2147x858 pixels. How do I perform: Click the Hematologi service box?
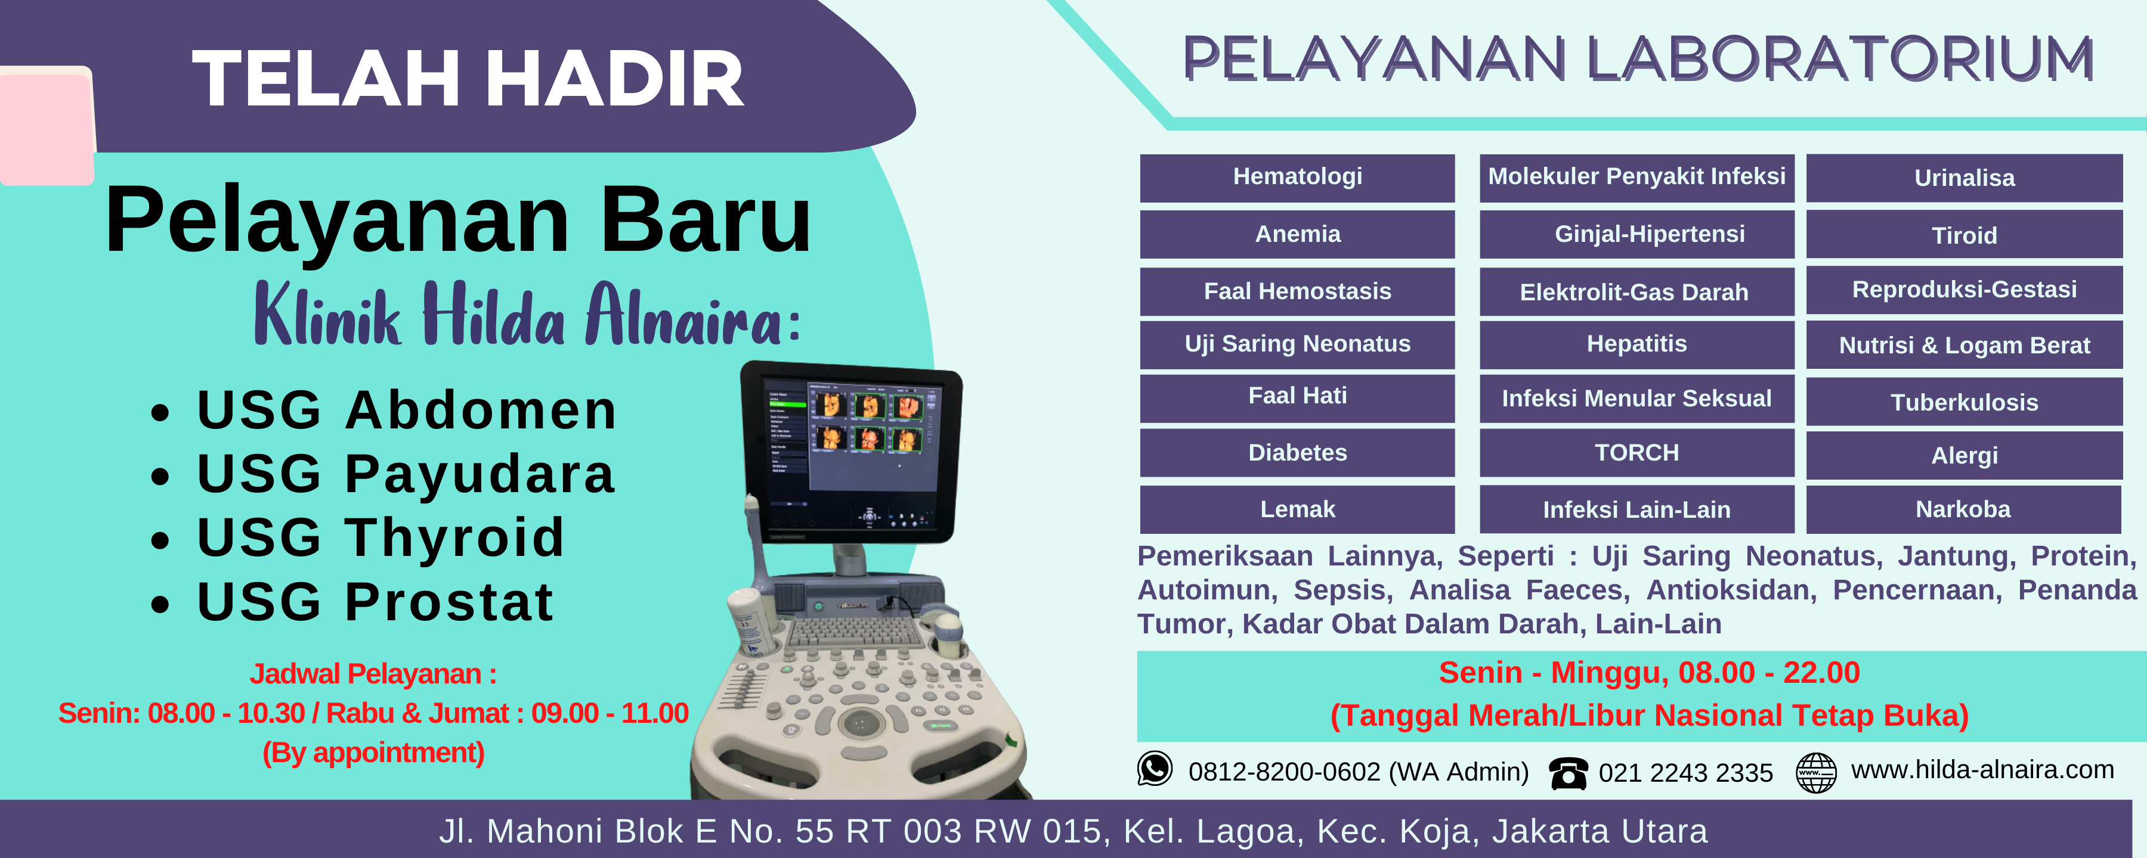[1297, 178]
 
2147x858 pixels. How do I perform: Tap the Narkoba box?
[1964, 509]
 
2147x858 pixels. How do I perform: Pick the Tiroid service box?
[1965, 234]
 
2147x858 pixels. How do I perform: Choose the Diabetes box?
[1297, 452]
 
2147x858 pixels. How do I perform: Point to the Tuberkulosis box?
[1965, 402]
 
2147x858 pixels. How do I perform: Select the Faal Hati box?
[1297, 398]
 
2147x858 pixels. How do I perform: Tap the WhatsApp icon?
[1155, 768]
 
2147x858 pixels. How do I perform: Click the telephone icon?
[1568, 773]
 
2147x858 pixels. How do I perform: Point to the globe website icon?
[1816, 772]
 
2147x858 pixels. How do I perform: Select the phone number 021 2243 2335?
[1685, 773]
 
